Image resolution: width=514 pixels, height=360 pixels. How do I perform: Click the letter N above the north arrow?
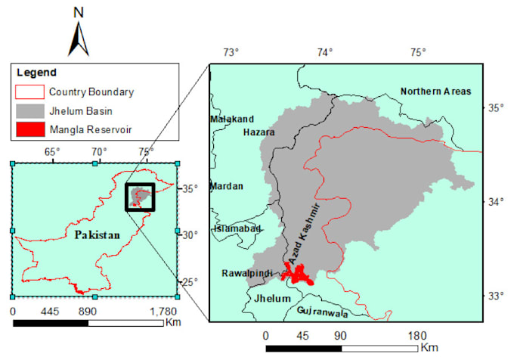[79, 11]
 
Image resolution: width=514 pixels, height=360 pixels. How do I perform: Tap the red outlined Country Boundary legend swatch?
[28, 92]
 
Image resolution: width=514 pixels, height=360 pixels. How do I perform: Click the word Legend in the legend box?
[36, 73]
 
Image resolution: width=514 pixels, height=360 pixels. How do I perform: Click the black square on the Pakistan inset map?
[139, 197]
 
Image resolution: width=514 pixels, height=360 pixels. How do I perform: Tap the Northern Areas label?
[435, 92]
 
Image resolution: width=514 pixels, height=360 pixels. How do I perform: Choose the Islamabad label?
[237, 228]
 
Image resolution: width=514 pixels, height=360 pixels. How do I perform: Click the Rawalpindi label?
[246, 273]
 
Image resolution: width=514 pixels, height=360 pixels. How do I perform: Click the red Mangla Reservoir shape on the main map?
[299, 273]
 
